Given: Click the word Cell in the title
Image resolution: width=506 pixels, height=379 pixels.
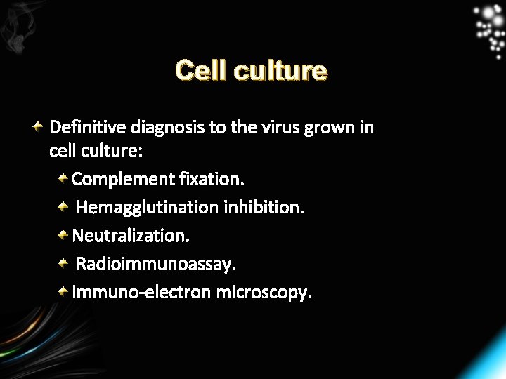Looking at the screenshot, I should [x=200, y=71].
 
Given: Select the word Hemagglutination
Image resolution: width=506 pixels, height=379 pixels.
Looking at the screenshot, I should [x=148, y=208].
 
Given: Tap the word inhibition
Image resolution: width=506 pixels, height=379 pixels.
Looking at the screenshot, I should [x=264, y=208].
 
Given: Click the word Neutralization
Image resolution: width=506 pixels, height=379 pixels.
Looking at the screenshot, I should [x=131, y=235].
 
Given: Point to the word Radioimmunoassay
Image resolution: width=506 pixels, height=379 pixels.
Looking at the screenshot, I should [x=156, y=265].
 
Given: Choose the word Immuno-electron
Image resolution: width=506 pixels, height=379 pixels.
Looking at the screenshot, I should [x=141, y=292].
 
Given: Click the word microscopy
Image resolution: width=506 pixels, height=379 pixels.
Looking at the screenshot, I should [x=263, y=293].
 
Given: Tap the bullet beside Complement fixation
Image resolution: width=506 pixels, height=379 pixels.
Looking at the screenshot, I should [x=63, y=178].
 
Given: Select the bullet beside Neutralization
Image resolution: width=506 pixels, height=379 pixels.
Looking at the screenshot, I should [x=63, y=234].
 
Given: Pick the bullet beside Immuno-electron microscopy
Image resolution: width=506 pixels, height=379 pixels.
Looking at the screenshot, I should [x=63, y=291].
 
